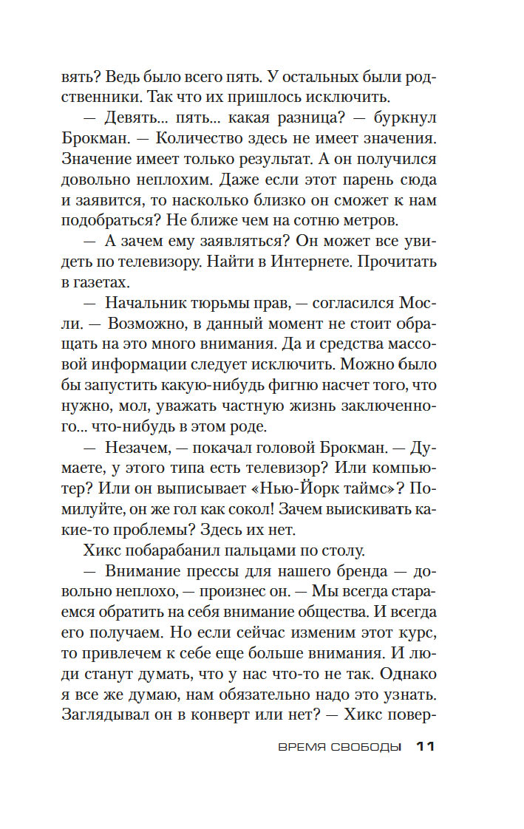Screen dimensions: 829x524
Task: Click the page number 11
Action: coord(426,747)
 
